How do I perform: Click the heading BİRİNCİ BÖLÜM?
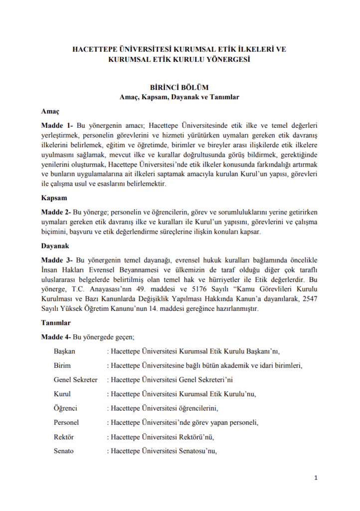(180, 86)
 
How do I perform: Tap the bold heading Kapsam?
(53, 198)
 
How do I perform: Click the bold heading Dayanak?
(55, 246)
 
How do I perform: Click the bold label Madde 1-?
(57, 124)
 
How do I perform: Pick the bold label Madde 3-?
(57, 260)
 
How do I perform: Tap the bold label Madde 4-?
(56, 337)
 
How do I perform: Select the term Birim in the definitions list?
(62, 365)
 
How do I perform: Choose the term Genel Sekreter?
(75, 380)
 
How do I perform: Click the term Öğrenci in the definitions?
(65, 409)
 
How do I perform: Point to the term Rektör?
(63, 437)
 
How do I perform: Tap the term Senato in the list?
(63, 452)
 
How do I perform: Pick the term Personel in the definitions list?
(66, 423)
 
